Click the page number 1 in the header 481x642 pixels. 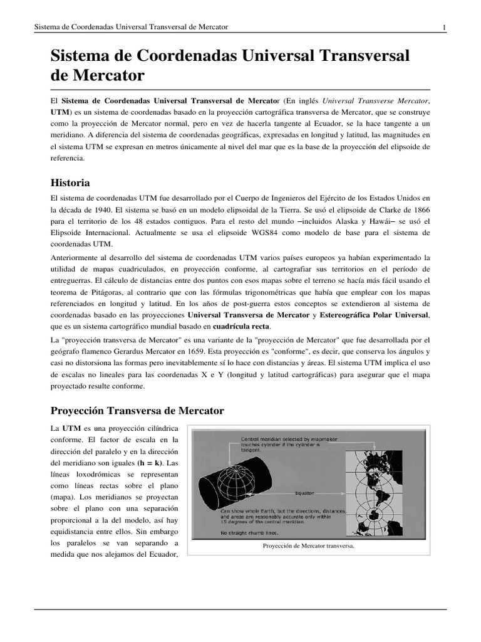coord(444,27)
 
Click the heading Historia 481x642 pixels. coord(70,183)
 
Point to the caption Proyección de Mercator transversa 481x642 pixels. coord(309,546)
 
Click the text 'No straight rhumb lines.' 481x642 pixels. coord(253,533)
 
